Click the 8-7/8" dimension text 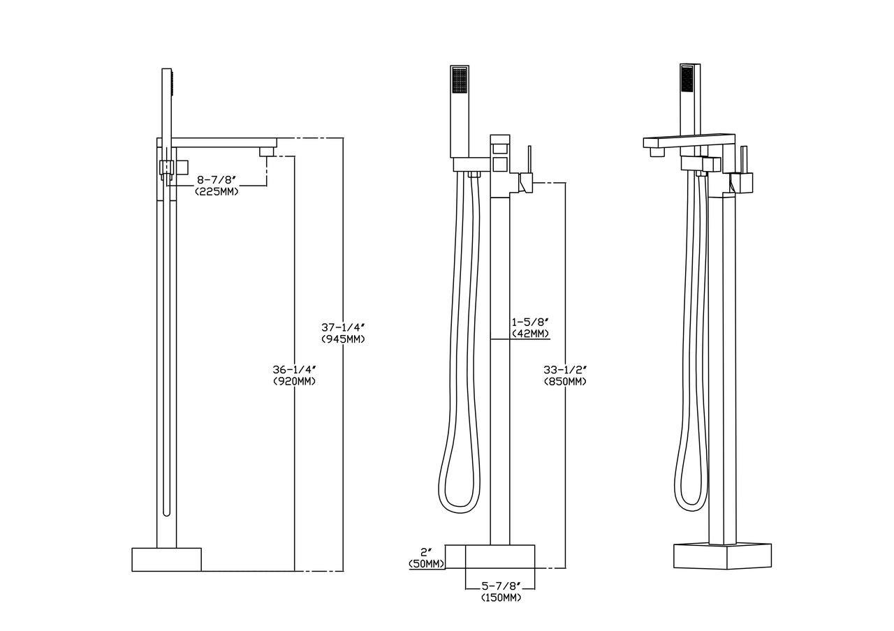[x=217, y=180]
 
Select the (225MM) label [x=217, y=192]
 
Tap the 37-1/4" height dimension [x=343, y=327]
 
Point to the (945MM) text [x=343, y=339]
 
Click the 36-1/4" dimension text [x=295, y=369]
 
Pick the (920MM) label [x=295, y=381]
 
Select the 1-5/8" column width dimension [x=530, y=322]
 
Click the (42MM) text [x=530, y=334]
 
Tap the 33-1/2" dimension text [x=565, y=370]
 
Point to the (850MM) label [x=565, y=382]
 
